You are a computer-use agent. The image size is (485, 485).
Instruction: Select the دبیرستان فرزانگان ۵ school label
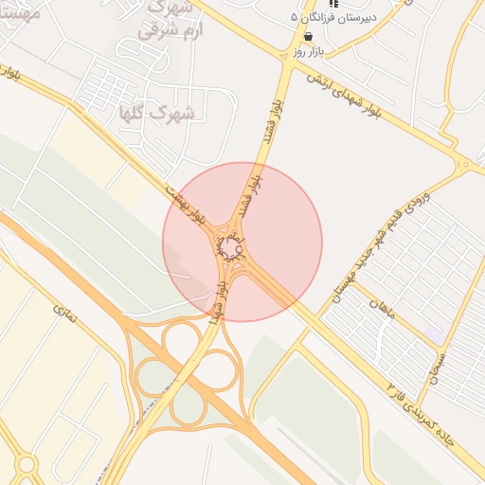[332, 17]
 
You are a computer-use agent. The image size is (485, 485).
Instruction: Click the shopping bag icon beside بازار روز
[308, 37]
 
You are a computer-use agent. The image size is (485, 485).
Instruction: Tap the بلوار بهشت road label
[188, 207]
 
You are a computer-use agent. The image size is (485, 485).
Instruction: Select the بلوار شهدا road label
[220, 297]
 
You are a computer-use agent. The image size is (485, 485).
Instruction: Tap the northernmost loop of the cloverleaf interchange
[180, 341]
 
